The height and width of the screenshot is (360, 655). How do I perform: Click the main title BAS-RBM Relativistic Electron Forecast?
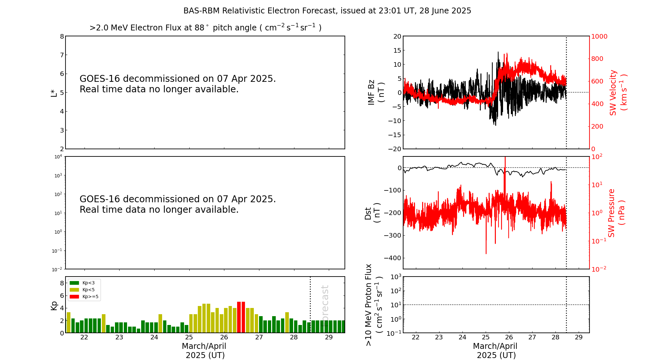(327, 11)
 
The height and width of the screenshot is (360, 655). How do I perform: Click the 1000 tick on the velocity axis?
(599, 36)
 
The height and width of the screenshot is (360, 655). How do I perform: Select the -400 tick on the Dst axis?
(393, 258)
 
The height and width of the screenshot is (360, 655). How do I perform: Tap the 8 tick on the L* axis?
(62, 36)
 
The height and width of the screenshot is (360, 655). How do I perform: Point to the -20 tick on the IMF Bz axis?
(394, 149)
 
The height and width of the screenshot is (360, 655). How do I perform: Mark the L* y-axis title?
(54, 93)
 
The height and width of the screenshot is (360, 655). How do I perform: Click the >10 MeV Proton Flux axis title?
(374, 305)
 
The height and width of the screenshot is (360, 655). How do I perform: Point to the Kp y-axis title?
(54, 305)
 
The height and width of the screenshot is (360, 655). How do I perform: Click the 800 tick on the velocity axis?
(597, 59)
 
